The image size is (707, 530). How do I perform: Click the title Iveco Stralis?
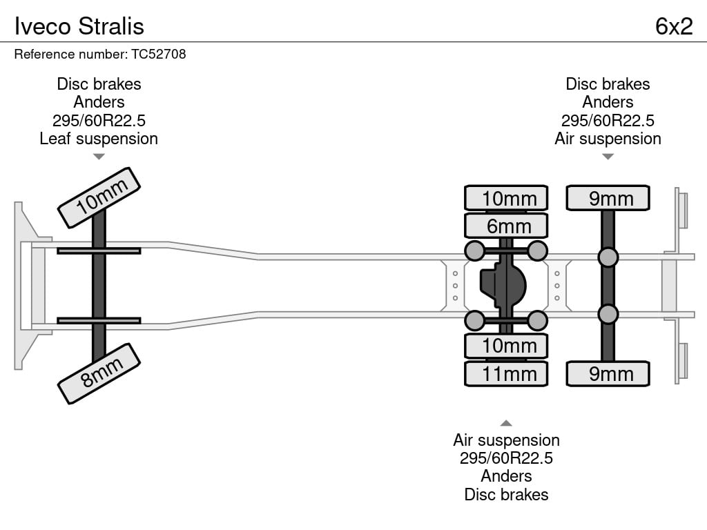click(x=79, y=26)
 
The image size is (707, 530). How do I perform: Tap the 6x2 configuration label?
click(x=674, y=26)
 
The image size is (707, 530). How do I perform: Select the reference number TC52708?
click(x=159, y=54)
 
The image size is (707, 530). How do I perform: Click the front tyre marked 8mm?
click(x=99, y=373)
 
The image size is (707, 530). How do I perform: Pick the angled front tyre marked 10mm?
click(x=99, y=198)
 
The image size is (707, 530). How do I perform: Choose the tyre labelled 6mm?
click(x=506, y=226)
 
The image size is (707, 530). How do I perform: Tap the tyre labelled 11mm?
click(x=506, y=373)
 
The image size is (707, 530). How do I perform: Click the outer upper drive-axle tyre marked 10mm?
click(x=506, y=198)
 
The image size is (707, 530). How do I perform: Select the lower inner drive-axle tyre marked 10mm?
click(x=506, y=346)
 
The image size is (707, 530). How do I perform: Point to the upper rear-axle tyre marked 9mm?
click(x=608, y=198)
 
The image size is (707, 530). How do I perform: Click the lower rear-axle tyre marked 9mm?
click(x=608, y=373)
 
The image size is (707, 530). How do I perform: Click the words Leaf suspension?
click(x=99, y=139)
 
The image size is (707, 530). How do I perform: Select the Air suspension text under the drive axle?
click(x=506, y=440)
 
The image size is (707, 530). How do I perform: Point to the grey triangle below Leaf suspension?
click(x=99, y=157)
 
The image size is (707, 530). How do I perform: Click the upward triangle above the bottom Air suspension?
click(x=506, y=423)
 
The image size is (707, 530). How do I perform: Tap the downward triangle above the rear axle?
click(x=608, y=157)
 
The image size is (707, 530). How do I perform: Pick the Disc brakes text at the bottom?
click(x=506, y=494)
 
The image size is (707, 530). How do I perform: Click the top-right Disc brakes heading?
click(x=608, y=84)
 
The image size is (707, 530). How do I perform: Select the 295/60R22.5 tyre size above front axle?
click(x=99, y=120)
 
